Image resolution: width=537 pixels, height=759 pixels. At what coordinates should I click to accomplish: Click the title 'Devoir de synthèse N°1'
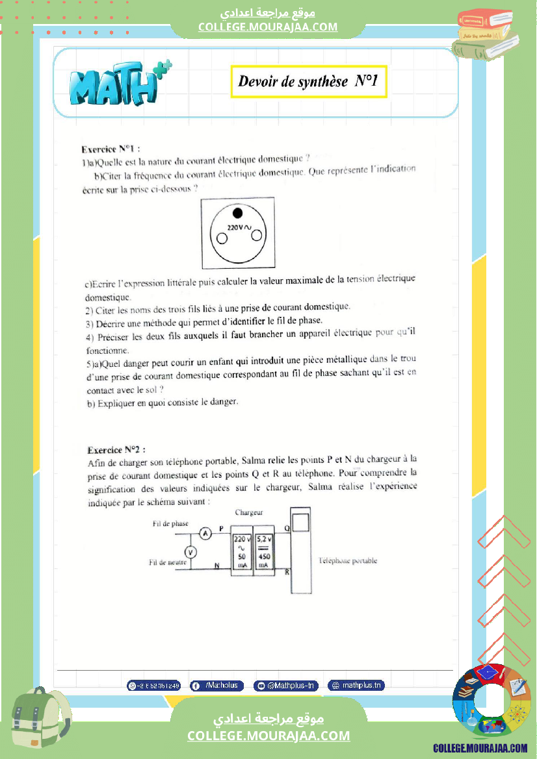(x=309, y=82)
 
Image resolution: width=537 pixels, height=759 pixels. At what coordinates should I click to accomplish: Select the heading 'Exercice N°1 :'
(x=111, y=148)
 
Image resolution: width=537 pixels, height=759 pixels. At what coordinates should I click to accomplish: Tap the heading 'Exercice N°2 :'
(x=117, y=449)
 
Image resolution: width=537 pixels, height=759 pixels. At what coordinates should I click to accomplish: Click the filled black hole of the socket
(x=237, y=213)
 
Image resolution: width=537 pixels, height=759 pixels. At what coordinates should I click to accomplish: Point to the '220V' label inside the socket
(x=235, y=228)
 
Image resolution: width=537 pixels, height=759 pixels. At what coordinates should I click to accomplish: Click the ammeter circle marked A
(x=205, y=534)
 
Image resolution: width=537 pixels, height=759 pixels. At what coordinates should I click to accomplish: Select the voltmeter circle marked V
(x=190, y=552)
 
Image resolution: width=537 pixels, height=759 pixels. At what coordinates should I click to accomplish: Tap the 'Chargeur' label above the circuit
(x=249, y=513)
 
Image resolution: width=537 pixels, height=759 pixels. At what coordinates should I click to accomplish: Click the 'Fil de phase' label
(x=170, y=523)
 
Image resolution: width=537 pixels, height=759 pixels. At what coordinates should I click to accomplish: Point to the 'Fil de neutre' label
(x=168, y=562)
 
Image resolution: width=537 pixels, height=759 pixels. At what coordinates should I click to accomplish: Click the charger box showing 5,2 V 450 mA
(x=265, y=552)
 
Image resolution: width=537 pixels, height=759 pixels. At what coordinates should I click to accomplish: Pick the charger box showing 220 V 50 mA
(x=242, y=552)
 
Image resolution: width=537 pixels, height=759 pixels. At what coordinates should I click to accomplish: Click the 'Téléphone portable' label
(x=348, y=561)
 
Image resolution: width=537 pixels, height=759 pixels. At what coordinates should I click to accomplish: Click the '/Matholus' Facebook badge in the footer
(x=217, y=686)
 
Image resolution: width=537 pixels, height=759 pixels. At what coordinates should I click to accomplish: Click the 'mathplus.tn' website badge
(x=356, y=686)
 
